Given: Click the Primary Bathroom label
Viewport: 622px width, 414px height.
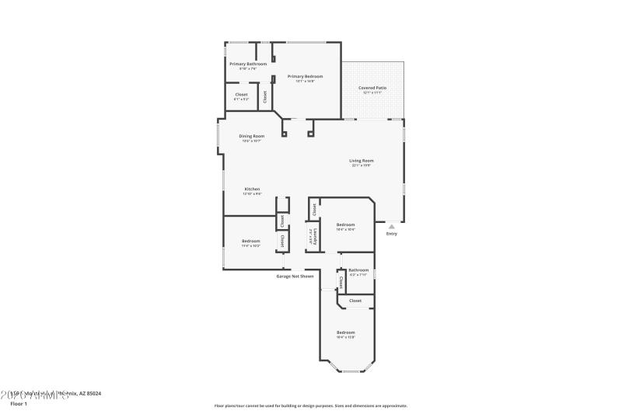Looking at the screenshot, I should (248, 64).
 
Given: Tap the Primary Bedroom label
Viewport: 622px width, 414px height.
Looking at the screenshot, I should (305, 76).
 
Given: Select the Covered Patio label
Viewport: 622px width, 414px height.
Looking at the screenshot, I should (372, 88).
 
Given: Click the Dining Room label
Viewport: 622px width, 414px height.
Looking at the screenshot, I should (251, 136).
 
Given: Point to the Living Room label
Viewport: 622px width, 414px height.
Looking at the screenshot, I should (362, 161).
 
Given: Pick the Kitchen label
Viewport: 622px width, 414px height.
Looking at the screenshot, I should (252, 189).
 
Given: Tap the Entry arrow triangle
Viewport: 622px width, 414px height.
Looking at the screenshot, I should (391, 227).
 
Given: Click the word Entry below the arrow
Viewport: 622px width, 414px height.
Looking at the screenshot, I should (391, 234).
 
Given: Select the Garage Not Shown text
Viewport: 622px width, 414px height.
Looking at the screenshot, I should (295, 276).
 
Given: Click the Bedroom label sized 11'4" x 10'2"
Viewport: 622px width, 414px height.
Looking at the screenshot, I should (250, 241).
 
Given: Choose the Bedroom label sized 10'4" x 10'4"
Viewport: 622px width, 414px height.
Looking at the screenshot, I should (345, 224).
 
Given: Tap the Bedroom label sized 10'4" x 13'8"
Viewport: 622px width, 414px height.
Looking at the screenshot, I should (345, 332).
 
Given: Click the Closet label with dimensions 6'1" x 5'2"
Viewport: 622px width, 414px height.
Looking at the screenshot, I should (241, 95).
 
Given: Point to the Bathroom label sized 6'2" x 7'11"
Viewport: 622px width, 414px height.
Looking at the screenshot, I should (358, 270).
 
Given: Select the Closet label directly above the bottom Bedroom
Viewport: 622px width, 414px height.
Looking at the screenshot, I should (355, 300).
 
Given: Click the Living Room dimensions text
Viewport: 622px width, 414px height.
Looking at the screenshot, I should (362, 165).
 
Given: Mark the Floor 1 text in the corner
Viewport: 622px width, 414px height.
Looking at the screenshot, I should (18, 404).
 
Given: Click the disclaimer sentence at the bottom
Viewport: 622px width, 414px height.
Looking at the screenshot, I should (310, 405).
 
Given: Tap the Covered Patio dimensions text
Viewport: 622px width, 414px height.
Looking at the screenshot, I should (372, 92).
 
